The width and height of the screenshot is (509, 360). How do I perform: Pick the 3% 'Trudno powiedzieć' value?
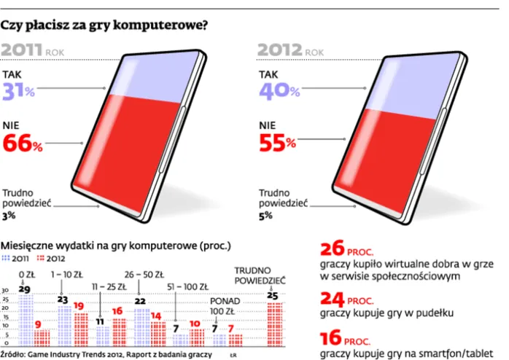[x=9, y=216]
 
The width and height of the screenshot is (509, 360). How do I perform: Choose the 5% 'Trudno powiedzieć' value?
[x=265, y=216]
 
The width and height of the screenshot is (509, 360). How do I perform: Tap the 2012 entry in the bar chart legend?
[x=49, y=258]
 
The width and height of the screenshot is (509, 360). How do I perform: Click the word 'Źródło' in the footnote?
[x=15, y=354]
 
